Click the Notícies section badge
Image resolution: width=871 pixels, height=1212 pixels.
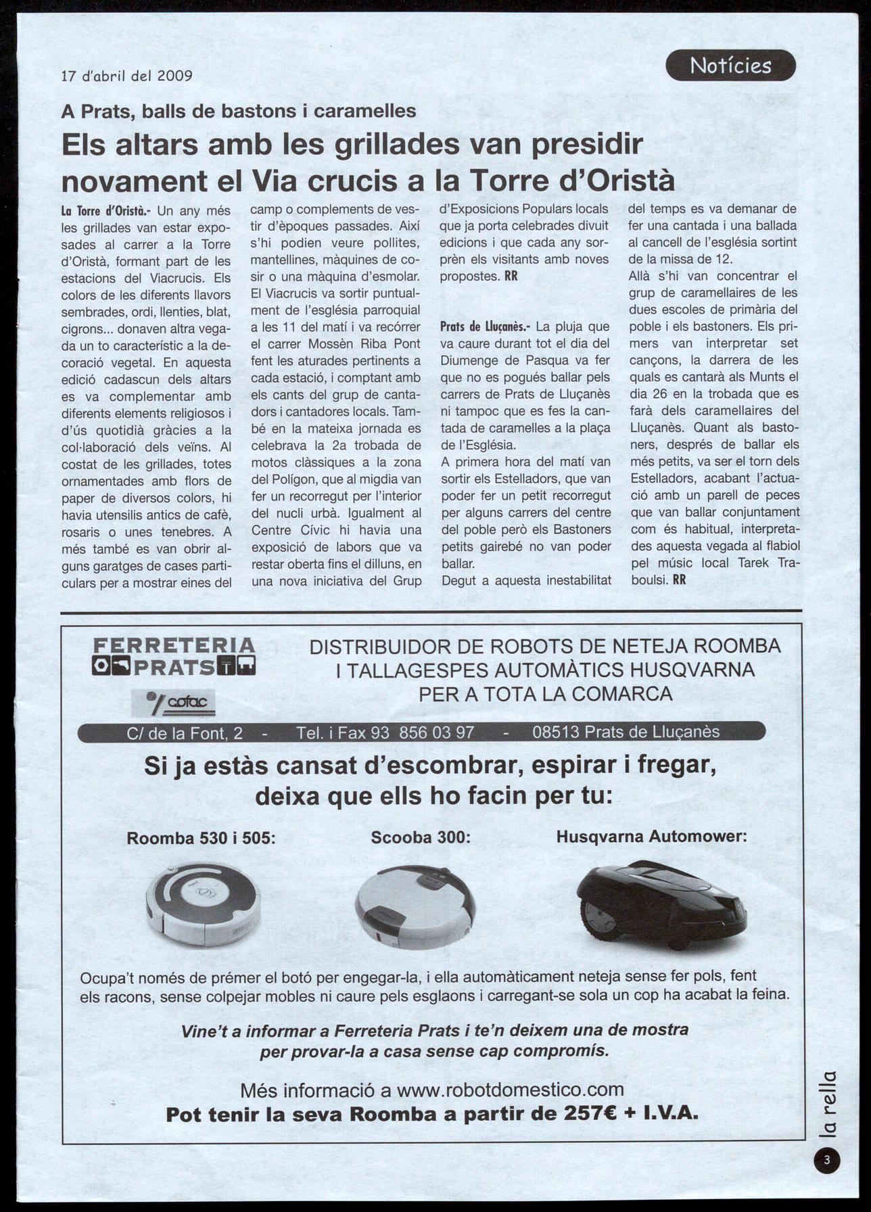tap(730, 66)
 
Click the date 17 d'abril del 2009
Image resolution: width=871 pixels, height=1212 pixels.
tap(127, 76)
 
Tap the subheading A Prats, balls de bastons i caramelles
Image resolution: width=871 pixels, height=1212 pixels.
tap(239, 111)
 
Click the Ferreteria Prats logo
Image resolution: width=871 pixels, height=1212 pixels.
tap(174, 656)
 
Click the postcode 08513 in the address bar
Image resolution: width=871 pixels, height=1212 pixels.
tap(555, 732)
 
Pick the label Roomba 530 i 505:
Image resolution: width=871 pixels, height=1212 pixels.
tap(202, 838)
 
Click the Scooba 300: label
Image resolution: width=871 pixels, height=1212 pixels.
tap(421, 837)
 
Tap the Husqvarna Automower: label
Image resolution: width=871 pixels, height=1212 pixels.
tap(651, 837)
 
